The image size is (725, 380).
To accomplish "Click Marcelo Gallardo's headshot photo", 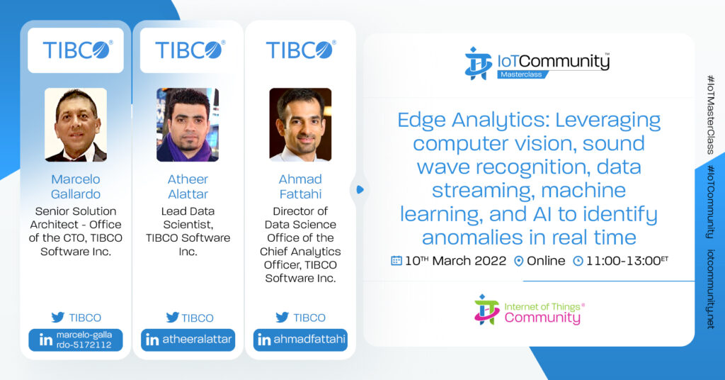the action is click(76, 125).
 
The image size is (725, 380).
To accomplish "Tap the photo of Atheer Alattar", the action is click(188, 125).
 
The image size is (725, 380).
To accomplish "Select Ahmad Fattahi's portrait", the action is click(300, 125).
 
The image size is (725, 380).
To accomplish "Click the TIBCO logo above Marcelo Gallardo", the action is click(77, 50).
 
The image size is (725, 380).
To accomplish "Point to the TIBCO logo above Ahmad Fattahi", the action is click(300, 50).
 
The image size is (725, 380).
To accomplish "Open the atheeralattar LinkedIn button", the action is click(188, 340).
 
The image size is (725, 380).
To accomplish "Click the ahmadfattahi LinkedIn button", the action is click(300, 340).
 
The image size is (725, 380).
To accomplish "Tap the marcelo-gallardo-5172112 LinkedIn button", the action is click(76, 340).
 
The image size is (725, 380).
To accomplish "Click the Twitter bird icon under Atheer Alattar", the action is click(173, 318).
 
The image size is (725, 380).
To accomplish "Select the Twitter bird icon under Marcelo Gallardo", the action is click(58, 318).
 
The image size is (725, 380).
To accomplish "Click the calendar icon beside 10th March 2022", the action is click(396, 261).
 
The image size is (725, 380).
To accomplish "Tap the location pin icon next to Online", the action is click(519, 261).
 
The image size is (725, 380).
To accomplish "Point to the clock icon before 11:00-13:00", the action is click(578, 261).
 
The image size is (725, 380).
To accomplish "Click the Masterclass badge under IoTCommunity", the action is click(522, 74).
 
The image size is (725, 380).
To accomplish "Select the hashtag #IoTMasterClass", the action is click(711, 115).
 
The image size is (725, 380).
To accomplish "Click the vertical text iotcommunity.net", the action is click(711, 289).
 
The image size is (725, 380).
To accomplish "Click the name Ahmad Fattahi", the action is click(300, 186).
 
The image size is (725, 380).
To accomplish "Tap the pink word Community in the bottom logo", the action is click(542, 318).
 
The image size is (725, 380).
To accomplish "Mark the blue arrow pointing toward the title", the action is click(360, 190).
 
